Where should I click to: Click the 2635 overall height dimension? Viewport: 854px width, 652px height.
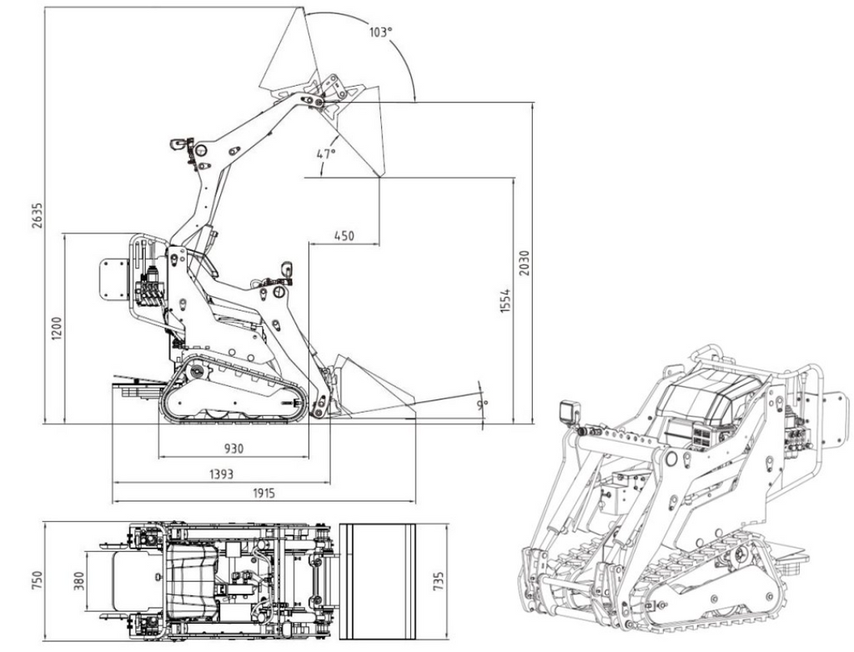(x=37, y=216)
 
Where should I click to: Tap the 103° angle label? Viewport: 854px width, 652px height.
(x=380, y=33)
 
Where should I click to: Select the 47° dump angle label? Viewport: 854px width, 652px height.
(x=326, y=154)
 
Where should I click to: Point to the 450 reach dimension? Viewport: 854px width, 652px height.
(x=344, y=236)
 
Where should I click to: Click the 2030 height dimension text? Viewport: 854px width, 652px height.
(x=524, y=263)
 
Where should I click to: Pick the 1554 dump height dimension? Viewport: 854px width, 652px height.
(x=505, y=301)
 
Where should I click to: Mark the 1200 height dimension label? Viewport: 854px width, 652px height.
(x=58, y=329)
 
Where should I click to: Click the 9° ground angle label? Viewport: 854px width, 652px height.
(x=482, y=404)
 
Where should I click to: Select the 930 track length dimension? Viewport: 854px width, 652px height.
(x=234, y=449)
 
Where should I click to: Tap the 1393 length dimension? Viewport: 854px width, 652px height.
(x=221, y=474)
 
